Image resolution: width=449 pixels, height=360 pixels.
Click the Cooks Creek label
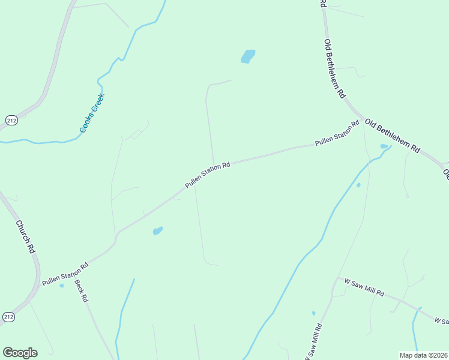pyautogui.click(x=92, y=113)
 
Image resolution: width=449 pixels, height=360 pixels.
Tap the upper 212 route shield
pyautogui.click(x=12, y=121)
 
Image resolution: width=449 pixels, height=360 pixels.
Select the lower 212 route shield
pyautogui.click(x=8, y=316)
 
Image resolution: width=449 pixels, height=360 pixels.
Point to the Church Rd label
pyautogui.click(x=25, y=236)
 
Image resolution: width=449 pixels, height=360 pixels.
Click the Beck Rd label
pyautogui.click(x=82, y=291)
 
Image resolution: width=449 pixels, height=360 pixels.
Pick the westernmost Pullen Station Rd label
pyautogui.click(x=65, y=274)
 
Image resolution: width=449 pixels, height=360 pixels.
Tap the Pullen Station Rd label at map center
pyautogui.click(x=208, y=175)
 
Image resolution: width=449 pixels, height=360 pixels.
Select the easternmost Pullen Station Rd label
pyautogui.click(x=337, y=134)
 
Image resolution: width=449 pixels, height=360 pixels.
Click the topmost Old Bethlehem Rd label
pyautogui.click(x=335, y=68)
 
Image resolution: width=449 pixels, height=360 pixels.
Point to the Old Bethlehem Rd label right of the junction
pyautogui.click(x=392, y=136)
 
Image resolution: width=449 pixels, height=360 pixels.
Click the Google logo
pyautogui.click(x=20, y=353)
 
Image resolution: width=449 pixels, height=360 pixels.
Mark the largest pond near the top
pyautogui.click(x=248, y=56)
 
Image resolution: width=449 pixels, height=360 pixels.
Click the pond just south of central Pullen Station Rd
pyautogui.click(x=158, y=231)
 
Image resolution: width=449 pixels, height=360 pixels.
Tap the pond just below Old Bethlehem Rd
pyautogui.click(x=384, y=146)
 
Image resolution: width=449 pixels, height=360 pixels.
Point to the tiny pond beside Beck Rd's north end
pyautogui.click(x=62, y=285)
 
